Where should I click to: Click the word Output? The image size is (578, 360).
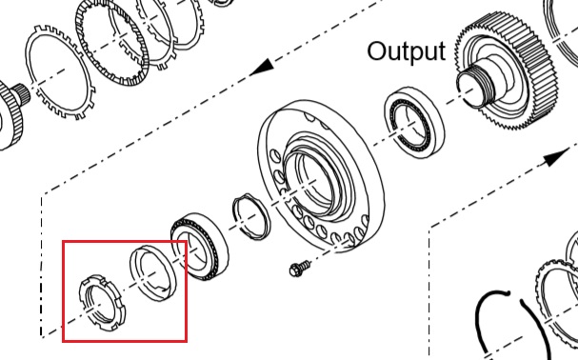pyautogui.click(x=407, y=51)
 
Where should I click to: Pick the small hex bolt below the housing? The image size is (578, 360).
pyautogui.click(x=299, y=269)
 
